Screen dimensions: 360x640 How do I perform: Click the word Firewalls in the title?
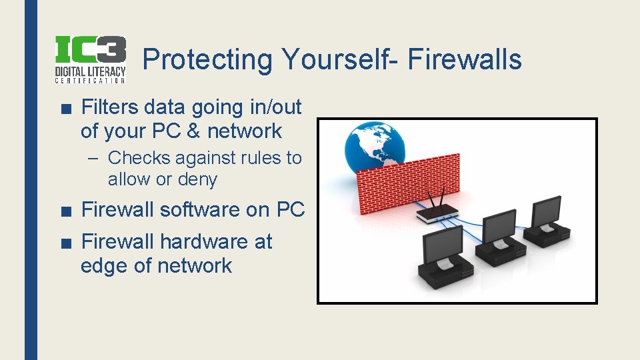tap(465, 59)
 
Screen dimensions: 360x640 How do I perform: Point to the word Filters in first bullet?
tap(110, 107)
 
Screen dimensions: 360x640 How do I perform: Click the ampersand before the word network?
tap(193, 131)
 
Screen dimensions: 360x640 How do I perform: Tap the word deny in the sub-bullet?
tap(198, 179)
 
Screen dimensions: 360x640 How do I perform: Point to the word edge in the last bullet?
tap(104, 265)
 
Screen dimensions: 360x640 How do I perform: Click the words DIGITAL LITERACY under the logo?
tap(89, 71)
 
